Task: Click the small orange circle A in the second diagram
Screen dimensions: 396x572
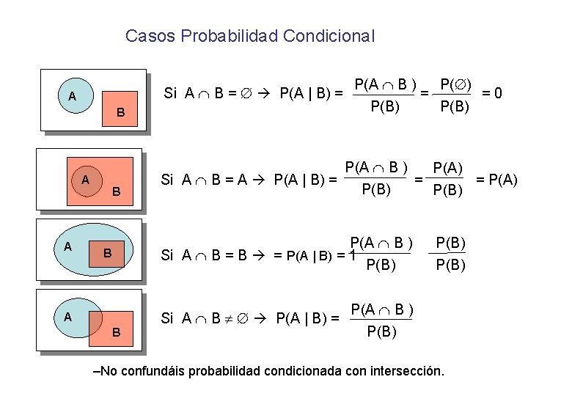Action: point(86,180)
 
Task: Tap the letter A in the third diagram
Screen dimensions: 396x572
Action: point(67,246)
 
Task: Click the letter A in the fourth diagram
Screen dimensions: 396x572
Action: point(67,317)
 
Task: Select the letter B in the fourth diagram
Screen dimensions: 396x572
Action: point(116,332)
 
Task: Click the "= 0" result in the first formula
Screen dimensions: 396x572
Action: point(491,93)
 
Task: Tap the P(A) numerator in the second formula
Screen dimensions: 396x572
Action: point(448,168)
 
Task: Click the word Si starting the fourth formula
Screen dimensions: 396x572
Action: point(167,318)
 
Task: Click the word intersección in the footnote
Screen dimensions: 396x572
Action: point(407,371)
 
